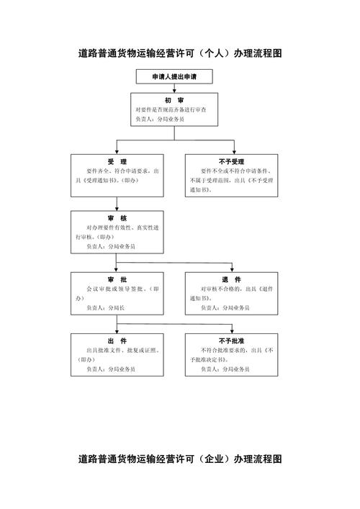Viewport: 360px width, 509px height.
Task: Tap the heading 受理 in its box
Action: [117, 161]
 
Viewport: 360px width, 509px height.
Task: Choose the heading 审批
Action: [117, 279]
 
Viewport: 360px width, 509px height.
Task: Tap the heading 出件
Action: [117, 341]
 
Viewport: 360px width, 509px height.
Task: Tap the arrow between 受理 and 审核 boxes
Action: [117, 205]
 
